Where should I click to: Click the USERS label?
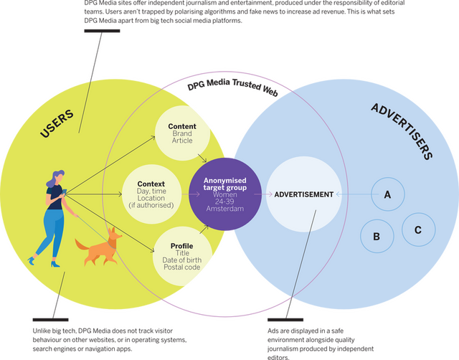(59, 129)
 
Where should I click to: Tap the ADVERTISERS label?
(402, 130)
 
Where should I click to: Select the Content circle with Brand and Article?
(182, 133)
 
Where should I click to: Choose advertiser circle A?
(387, 194)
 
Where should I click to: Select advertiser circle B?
(377, 235)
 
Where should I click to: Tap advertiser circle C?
(417, 229)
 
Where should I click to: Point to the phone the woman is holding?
(64, 191)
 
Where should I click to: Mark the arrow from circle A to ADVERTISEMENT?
(351, 194)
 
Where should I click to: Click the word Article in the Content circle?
(182, 141)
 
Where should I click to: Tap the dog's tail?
(80, 245)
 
